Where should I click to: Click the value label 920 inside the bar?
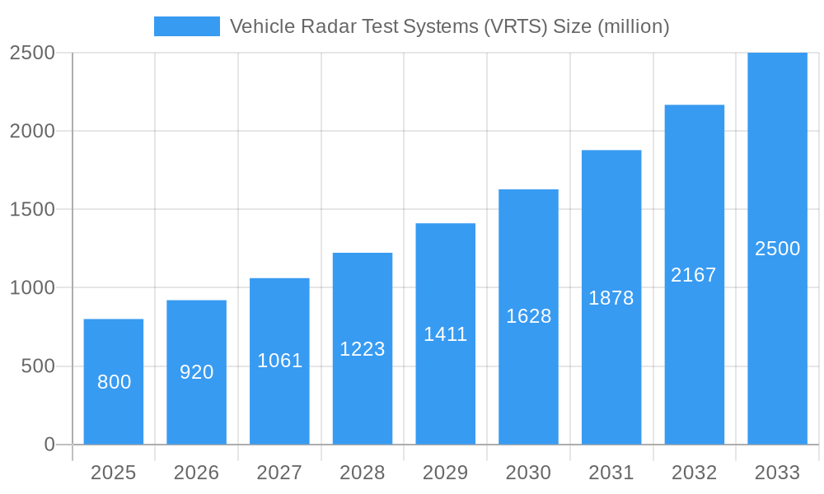click(x=197, y=372)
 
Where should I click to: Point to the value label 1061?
click(x=280, y=361)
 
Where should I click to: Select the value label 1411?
click(x=446, y=334)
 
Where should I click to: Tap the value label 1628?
click(x=528, y=316)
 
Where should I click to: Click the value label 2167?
click(x=694, y=275)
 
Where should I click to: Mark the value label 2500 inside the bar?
click(x=777, y=249)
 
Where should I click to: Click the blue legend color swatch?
click(x=187, y=26)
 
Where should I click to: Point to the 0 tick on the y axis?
click(x=49, y=445)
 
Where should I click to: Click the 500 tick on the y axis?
click(x=38, y=366)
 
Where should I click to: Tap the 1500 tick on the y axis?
click(x=32, y=210)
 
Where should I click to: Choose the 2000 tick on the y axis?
click(x=32, y=132)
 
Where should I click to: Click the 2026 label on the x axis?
click(x=197, y=473)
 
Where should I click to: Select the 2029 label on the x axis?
click(x=446, y=473)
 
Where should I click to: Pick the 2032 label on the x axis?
click(x=694, y=473)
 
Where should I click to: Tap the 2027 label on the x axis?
click(x=280, y=473)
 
